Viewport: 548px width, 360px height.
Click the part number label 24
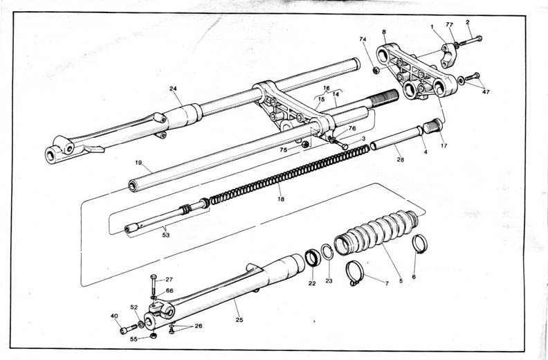173,89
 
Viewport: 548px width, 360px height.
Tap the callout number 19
138,163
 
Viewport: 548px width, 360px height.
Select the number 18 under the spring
281,199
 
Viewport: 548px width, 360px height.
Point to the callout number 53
165,235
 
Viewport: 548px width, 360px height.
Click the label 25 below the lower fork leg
239,319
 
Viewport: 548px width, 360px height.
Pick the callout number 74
363,39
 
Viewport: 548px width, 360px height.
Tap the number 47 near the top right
486,92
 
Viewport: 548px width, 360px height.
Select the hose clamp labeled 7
355,273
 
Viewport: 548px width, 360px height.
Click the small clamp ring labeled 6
419,244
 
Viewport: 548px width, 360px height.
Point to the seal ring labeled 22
313,258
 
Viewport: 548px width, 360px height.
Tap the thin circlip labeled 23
327,252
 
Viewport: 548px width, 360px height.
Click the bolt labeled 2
471,41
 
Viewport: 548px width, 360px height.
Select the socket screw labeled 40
128,330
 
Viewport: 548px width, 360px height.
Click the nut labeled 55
153,336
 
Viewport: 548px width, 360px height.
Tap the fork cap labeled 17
433,126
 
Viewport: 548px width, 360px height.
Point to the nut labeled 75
305,144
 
